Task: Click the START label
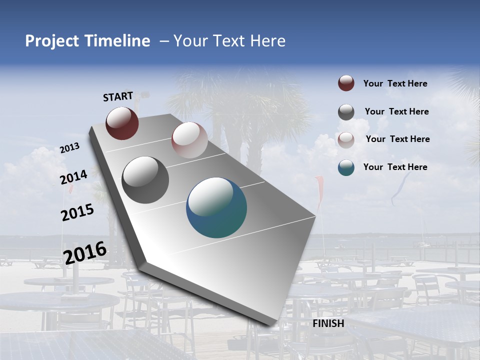click(x=118, y=96)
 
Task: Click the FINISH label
click(x=328, y=323)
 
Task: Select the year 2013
click(x=69, y=148)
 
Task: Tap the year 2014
click(x=74, y=177)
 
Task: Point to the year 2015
click(x=77, y=212)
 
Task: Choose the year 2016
click(x=85, y=252)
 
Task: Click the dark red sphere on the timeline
click(x=122, y=123)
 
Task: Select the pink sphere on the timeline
click(x=189, y=140)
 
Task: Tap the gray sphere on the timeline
click(x=145, y=180)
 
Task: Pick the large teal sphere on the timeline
click(x=216, y=207)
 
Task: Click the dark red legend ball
click(x=346, y=83)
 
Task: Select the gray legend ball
click(x=346, y=112)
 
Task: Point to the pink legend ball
click(x=346, y=140)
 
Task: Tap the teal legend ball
click(x=346, y=167)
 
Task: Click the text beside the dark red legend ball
click(x=395, y=84)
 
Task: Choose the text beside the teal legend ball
click(x=395, y=167)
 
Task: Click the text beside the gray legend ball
click(x=396, y=111)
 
